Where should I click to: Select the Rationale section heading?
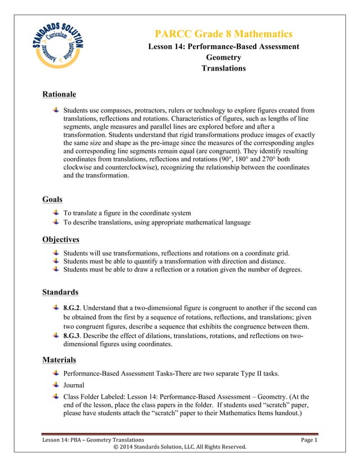(x=59, y=94)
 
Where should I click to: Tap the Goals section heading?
(x=52, y=199)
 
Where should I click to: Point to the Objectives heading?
(x=60, y=239)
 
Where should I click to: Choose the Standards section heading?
(x=60, y=292)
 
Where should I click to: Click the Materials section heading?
(x=59, y=359)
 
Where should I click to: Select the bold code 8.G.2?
(x=73, y=308)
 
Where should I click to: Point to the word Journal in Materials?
(x=74, y=386)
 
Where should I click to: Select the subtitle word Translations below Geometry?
(x=223, y=68)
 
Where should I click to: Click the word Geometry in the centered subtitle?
(x=223, y=58)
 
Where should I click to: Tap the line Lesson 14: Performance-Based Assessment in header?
(x=223, y=46)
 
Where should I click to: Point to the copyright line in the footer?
(x=179, y=447)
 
